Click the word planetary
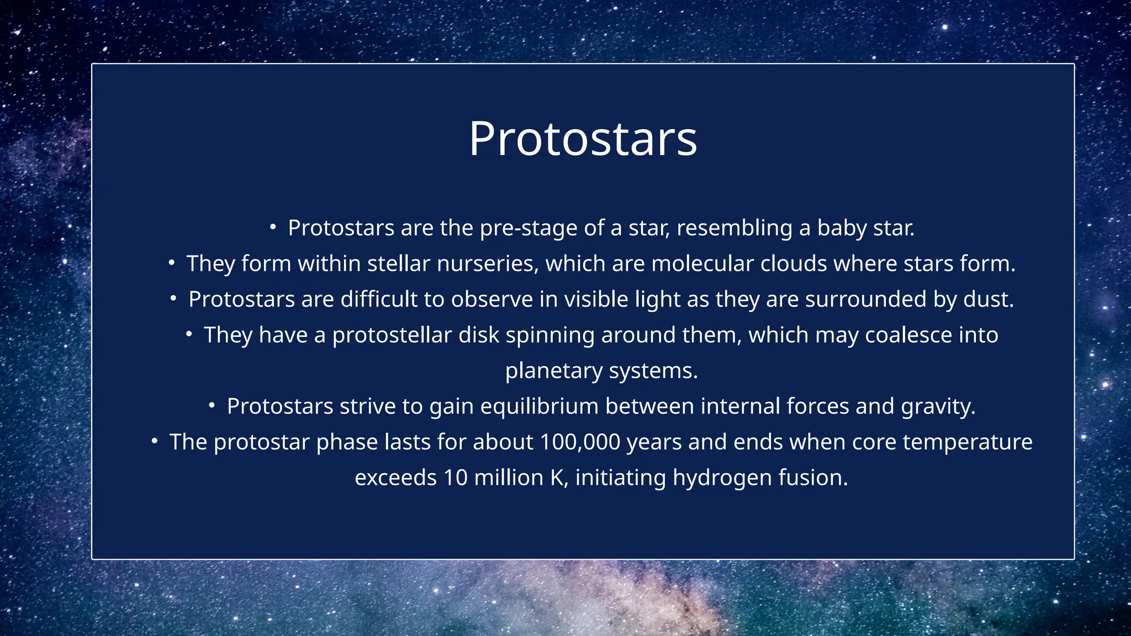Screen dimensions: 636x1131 pyautogui.click(x=553, y=370)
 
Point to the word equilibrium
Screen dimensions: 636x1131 pyautogui.click(x=540, y=406)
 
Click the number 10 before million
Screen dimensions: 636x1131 pyautogui.click(x=456, y=478)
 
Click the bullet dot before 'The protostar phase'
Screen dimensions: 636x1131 pyautogui.click(x=155, y=441)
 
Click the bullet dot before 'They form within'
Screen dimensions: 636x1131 pyautogui.click(x=172, y=263)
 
